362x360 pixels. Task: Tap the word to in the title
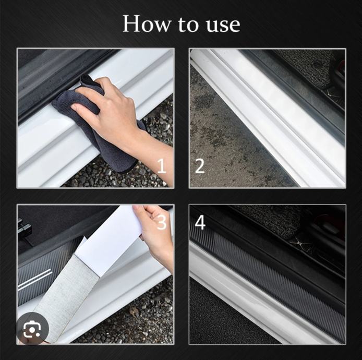(188, 25)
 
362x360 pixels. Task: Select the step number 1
(162, 166)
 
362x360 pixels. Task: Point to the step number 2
(200, 166)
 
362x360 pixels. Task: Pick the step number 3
(162, 222)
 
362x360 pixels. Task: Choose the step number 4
(200, 223)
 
